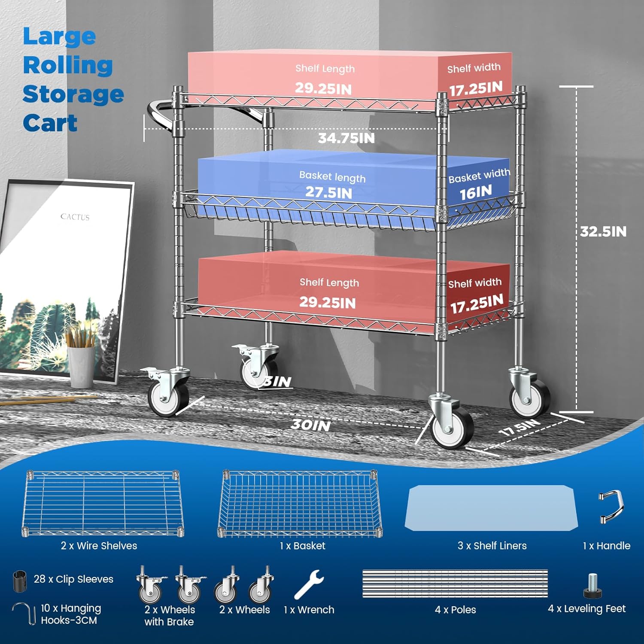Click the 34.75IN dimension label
(x=346, y=138)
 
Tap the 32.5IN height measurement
(x=603, y=232)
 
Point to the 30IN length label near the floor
(x=311, y=425)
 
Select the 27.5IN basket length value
(x=328, y=192)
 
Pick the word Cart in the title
(x=50, y=123)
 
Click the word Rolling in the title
(x=68, y=65)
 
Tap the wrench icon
(x=308, y=584)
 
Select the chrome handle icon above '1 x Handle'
(x=612, y=507)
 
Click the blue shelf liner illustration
(x=491, y=508)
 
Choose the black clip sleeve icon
(x=20, y=580)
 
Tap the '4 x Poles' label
(x=455, y=610)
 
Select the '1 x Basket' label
(x=303, y=546)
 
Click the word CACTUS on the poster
(x=75, y=217)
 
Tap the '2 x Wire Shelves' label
(x=99, y=546)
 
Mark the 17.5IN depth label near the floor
(x=520, y=428)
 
